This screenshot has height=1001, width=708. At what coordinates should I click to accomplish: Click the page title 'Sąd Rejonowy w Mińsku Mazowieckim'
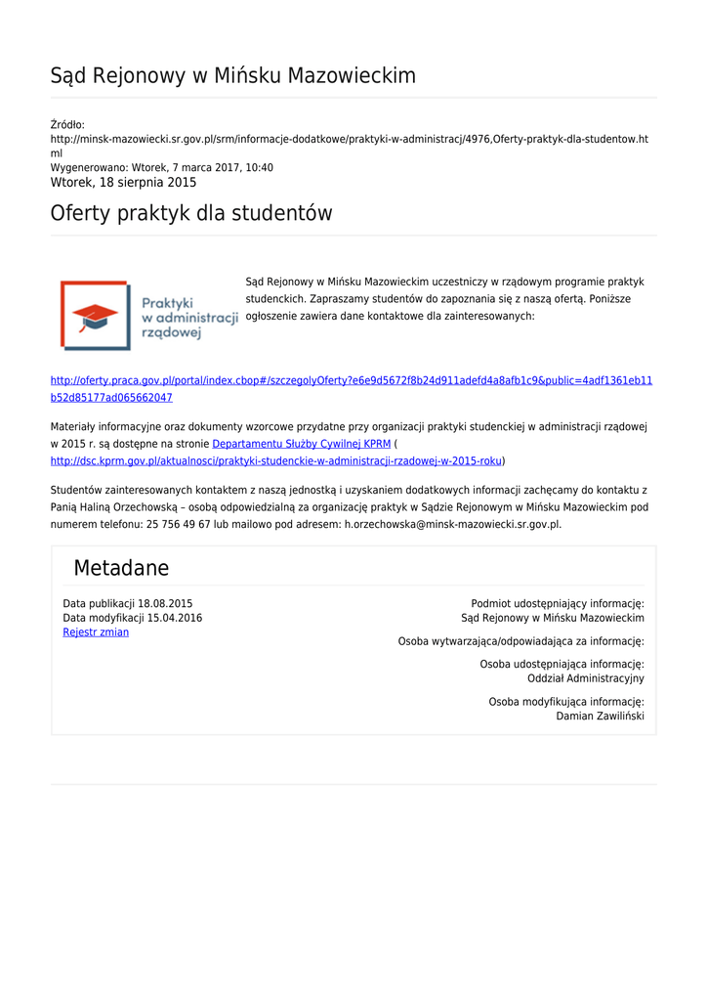tap(232, 76)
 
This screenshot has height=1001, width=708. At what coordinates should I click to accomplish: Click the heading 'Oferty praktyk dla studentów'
tap(191, 213)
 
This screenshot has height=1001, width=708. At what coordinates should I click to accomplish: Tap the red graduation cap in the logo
tap(96, 315)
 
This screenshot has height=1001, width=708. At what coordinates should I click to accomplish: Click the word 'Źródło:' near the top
tap(67, 124)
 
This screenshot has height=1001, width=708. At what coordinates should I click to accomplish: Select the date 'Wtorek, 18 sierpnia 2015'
tap(123, 183)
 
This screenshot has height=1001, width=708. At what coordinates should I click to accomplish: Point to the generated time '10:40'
tap(260, 168)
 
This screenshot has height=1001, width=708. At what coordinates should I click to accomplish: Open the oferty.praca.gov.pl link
tap(352, 380)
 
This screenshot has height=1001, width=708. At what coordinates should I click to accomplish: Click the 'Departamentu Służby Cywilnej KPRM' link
tap(302, 444)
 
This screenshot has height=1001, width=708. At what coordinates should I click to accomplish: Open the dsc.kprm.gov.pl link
tap(276, 460)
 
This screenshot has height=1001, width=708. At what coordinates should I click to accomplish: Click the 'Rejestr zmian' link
tap(96, 632)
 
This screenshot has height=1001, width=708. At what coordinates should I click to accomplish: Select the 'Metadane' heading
tap(121, 568)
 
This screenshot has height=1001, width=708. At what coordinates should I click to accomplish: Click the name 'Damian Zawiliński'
tap(600, 717)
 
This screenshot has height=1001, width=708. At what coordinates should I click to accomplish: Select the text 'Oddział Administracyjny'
tap(585, 678)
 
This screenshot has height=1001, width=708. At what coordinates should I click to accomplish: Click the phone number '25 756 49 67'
tap(179, 524)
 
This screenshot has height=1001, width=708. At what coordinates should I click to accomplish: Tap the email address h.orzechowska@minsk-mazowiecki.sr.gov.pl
tap(452, 524)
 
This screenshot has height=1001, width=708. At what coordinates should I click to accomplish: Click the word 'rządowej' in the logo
tap(171, 332)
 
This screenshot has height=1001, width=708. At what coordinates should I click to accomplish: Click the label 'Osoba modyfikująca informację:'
tap(565, 702)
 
